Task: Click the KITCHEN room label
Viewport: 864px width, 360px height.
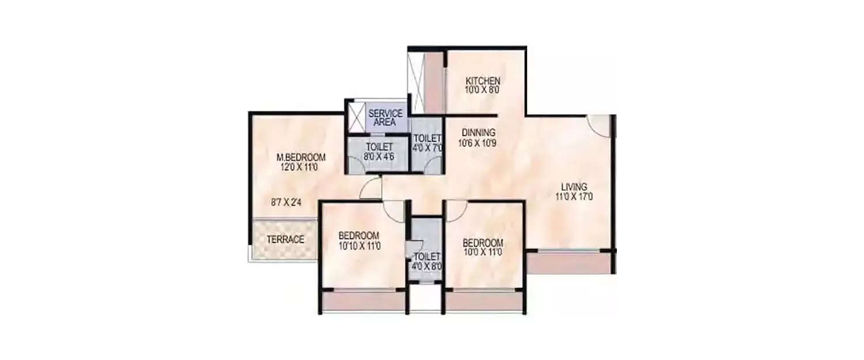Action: coord(483,81)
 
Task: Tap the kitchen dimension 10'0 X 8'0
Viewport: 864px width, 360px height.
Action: coord(483,90)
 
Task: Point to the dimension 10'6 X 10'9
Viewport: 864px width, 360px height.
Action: coord(477,142)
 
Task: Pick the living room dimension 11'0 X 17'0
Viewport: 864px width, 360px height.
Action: coord(574,197)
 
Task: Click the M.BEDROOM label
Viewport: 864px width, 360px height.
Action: coord(301,157)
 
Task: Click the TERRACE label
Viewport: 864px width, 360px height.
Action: coord(285,240)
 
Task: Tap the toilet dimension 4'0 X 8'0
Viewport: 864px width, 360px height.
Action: coord(427,266)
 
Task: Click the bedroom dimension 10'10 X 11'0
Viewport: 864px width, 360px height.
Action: coord(359,246)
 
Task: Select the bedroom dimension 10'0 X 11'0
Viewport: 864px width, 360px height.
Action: coord(483,252)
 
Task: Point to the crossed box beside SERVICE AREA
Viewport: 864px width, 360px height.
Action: coord(357,117)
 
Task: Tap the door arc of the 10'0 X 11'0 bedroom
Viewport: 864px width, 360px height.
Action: coord(454,210)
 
